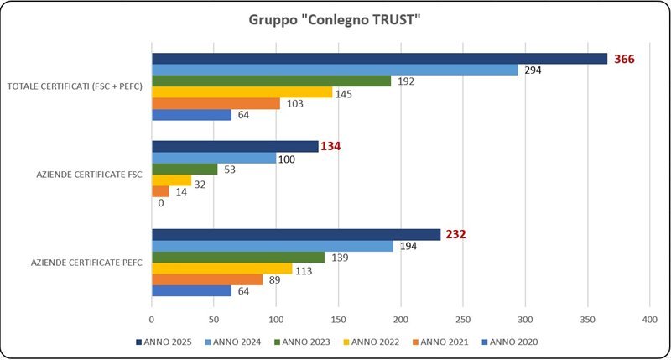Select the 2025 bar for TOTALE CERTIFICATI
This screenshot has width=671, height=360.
379,59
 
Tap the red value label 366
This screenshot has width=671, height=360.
624,59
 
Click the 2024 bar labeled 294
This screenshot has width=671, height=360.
335,70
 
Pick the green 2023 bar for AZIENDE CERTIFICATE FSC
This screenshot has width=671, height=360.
185,169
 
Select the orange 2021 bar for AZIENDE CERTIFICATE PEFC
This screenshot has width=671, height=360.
207,279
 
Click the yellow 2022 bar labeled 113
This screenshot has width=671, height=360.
221,269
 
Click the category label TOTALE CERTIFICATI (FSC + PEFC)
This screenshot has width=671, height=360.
75,86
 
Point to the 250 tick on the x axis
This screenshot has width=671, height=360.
462,320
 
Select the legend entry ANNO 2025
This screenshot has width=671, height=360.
164,342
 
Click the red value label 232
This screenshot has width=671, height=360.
455,235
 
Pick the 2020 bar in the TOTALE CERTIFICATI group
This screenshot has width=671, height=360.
191,115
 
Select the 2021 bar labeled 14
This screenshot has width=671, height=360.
160,191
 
